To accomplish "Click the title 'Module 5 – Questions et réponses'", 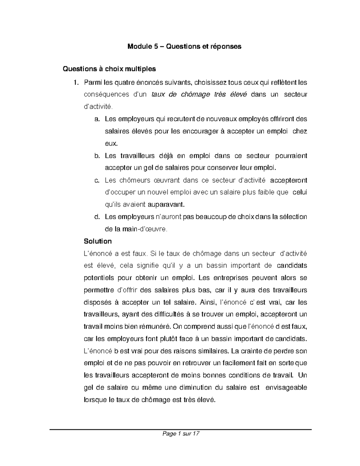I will (x=184, y=47).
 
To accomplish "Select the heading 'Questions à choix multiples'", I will (x=109, y=69).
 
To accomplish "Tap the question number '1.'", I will (x=76, y=82).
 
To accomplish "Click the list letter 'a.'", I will (x=97, y=119).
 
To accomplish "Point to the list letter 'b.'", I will (x=97, y=156).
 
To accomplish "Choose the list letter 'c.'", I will (x=97, y=180).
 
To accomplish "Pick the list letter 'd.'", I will (x=97, y=217).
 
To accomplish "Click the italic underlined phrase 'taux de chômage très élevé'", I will (x=199, y=95).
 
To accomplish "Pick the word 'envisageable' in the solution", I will (x=286, y=387).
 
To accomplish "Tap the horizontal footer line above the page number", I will (x=181, y=429).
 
